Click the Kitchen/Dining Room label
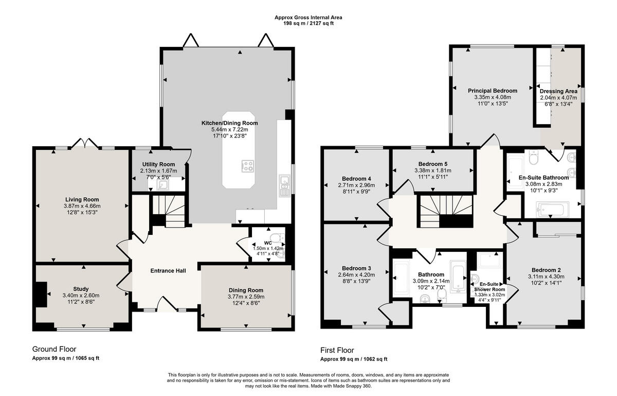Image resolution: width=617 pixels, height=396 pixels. [x=229, y=123]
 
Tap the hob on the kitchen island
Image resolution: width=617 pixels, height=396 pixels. [x=247, y=165]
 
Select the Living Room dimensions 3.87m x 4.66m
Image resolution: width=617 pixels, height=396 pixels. [x=82, y=206]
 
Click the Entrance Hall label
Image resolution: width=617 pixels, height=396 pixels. [x=168, y=271]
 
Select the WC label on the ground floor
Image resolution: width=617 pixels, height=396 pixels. [x=267, y=242]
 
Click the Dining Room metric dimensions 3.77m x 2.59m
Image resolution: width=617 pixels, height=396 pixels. [x=246, y=297]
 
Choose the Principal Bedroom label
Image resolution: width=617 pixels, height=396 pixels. [x=492, y=91]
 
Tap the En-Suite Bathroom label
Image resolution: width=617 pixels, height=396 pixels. [x=543, y=178]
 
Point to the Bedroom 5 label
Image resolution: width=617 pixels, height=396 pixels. [x=432, y=164]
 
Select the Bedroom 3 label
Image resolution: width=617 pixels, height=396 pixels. [x=356, y=268]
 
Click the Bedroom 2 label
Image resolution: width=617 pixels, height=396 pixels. [x=546, y=270]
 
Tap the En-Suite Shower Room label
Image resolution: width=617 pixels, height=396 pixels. [x=492, y=286]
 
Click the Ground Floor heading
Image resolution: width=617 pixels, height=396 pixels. [x=54, y=349]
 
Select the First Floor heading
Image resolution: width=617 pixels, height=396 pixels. [x=337, y=351]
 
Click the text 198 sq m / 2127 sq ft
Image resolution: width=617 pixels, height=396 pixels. [x=308, y=24]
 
